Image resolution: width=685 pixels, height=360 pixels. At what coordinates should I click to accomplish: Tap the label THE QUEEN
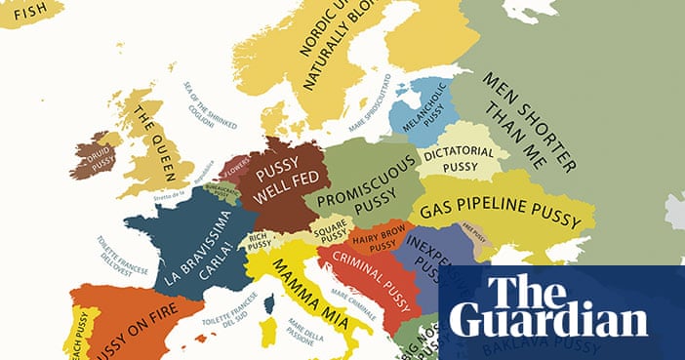tap(156, 141)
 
